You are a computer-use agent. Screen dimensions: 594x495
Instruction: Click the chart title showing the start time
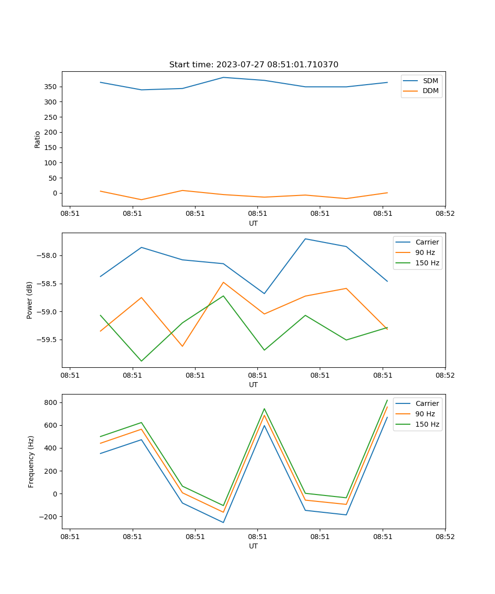point(253,65)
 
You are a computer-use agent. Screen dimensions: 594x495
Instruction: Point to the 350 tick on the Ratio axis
point(51,87)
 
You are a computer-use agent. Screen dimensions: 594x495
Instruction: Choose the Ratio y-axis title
point(38,140)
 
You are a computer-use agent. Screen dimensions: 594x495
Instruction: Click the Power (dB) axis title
point(30,300)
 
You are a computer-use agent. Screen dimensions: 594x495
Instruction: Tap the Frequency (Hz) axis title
point(31,461)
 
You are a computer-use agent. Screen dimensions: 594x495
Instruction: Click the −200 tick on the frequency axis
point(49,516)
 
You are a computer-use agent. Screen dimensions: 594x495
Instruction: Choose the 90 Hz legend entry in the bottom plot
point(425,414)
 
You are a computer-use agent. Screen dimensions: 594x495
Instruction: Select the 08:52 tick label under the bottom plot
point(445,536)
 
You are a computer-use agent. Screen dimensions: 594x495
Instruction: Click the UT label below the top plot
point(253,223)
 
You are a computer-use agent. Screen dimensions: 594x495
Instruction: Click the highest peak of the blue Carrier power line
point(305,239)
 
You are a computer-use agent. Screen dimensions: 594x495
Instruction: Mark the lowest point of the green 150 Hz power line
point(142,361)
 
